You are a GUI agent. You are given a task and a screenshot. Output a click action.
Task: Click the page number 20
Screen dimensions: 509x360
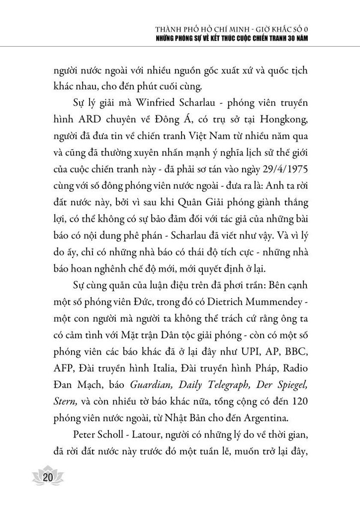[48, 478]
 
